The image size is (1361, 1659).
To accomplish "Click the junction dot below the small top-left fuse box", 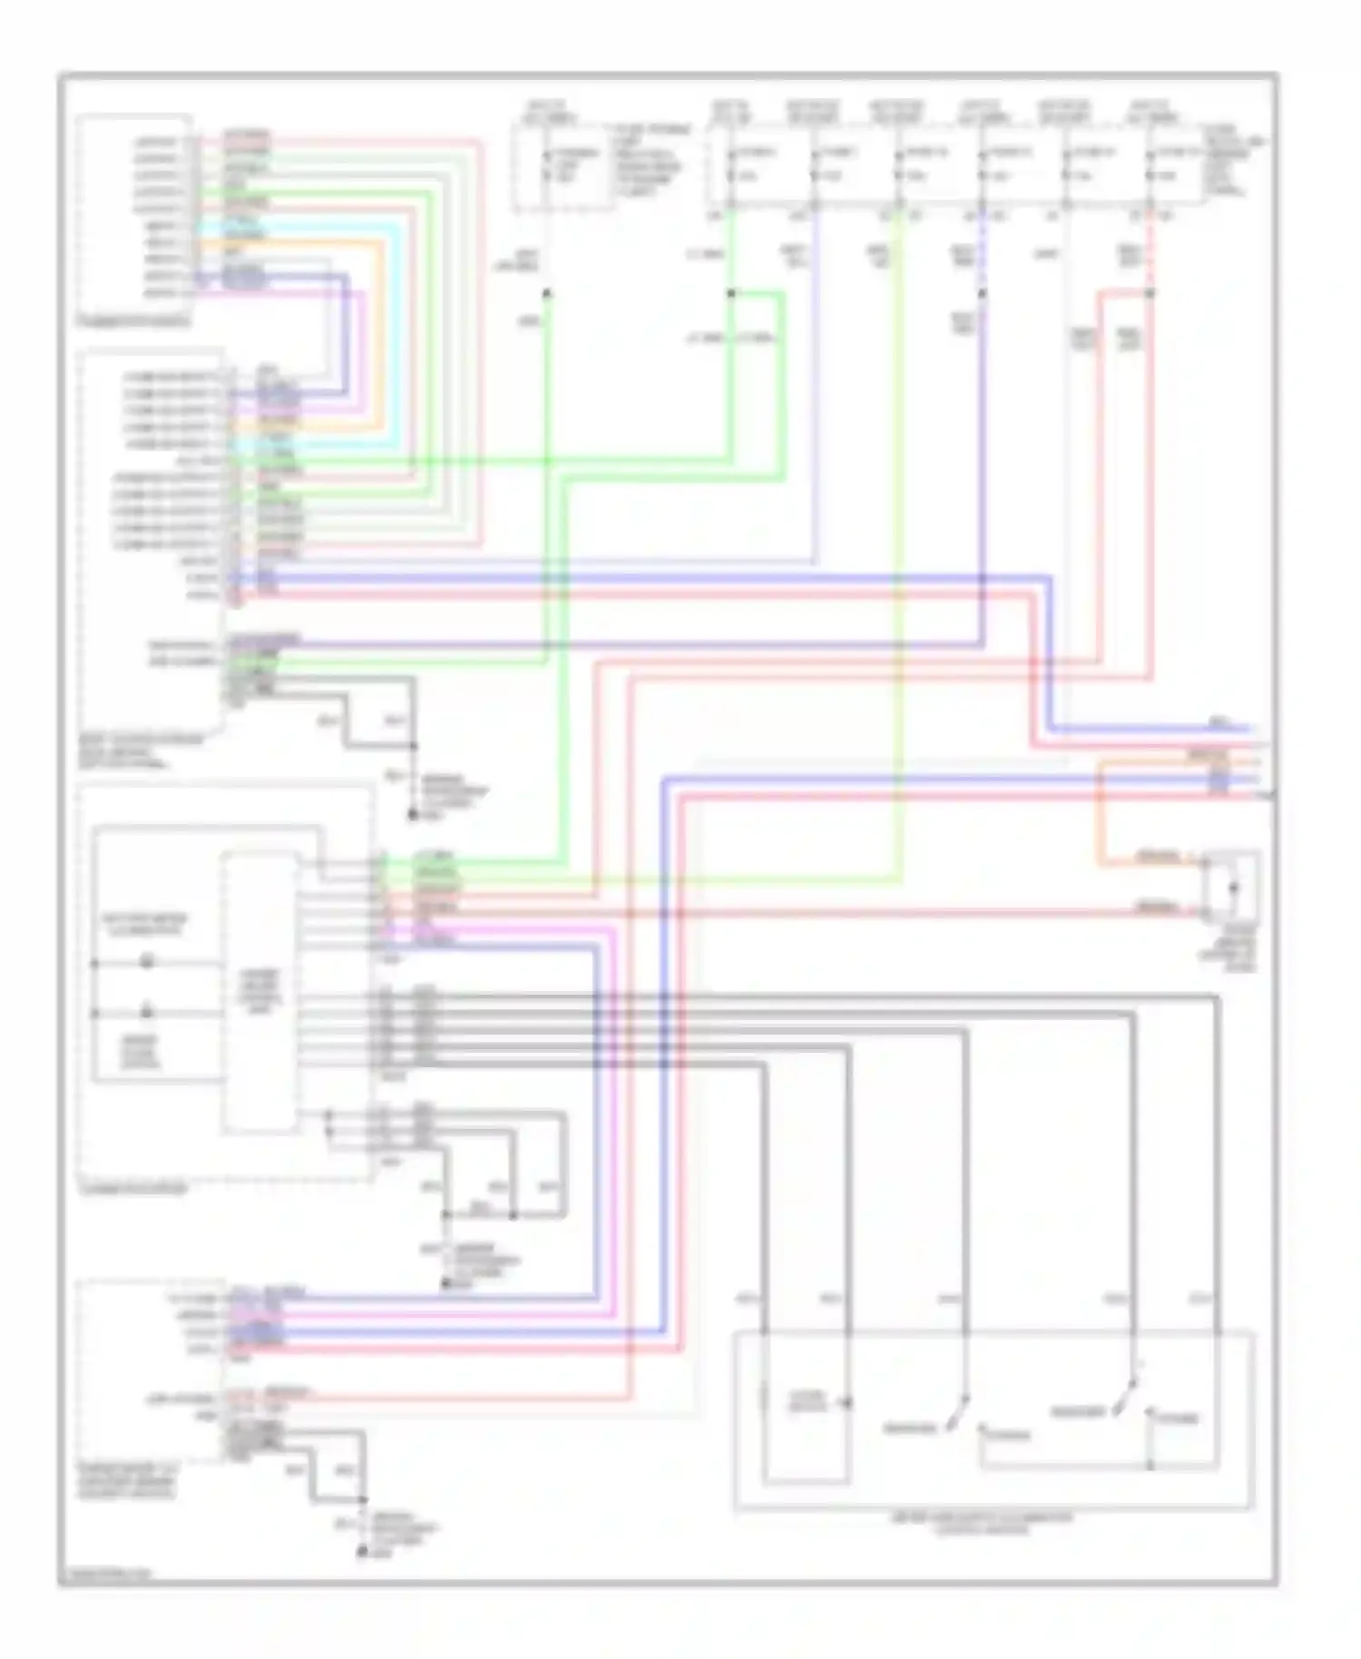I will (x=545, y=293).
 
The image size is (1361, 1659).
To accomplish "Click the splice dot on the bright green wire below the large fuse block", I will (x=730, y=293).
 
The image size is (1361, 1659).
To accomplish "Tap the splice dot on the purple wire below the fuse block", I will (x=982, y=293).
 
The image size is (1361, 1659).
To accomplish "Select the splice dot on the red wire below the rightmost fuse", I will (x=1150, y=293).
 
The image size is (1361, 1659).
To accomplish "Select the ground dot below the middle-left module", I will (x=445, y=1282).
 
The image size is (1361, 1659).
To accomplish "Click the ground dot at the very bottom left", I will (x=361, y=1553).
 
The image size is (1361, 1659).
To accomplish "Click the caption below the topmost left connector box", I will (x=136, y=320).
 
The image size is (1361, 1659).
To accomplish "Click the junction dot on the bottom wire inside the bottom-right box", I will (x=1150, y=1465).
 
